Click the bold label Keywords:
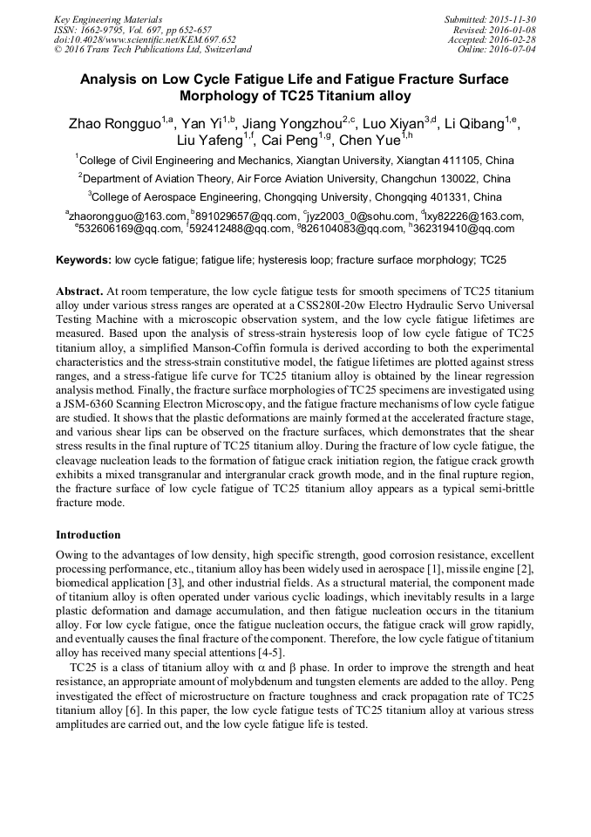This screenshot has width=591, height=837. coord(84,260)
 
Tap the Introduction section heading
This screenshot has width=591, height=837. coord(88,534)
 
